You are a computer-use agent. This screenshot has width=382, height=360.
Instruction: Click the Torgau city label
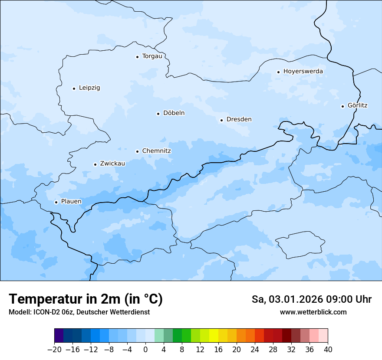(152, 56)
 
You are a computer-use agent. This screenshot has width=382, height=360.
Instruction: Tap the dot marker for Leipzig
(74, 88)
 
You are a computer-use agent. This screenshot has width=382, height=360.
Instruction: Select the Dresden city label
(239, 119)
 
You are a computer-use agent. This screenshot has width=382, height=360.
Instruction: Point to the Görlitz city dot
(342, 106)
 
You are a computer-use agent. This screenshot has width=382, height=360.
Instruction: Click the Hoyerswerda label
(303, 72)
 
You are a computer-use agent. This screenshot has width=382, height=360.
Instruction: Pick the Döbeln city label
(174, 113)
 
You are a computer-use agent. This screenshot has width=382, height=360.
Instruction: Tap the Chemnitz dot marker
(137, 151)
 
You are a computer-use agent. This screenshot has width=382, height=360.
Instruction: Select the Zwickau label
(112, 164)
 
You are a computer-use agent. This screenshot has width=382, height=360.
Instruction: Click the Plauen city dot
(56, 202)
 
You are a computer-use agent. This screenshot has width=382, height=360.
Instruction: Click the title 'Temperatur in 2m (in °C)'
(86, 299)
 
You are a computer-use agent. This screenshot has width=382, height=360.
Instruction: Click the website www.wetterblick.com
(313, 312)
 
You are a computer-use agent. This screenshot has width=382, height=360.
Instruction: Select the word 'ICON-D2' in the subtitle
(43, 312)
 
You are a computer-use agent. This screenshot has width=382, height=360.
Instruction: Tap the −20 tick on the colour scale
(54, 350)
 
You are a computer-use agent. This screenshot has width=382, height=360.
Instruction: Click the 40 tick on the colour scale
(328, 350)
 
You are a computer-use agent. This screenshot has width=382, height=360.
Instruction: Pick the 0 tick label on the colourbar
(145, 350)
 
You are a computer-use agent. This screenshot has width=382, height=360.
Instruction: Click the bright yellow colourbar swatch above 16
(214, 336)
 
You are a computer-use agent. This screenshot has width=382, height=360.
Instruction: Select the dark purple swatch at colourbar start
(59, 336)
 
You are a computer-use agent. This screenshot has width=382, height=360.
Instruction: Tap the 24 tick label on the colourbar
(255, 350)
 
